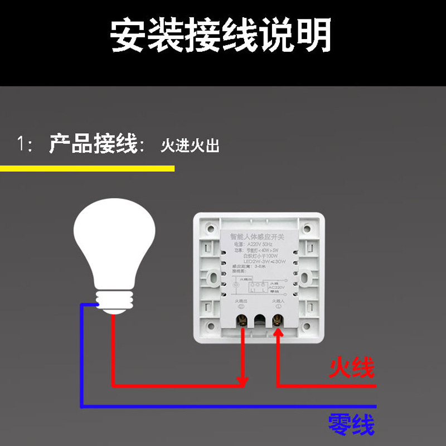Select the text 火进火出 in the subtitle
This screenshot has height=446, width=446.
[x=190, y=146]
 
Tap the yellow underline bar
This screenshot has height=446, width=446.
[x=87, y=168]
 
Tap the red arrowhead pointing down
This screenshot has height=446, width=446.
[x=243, y=381]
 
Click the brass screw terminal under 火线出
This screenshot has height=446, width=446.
[x=243, y=319]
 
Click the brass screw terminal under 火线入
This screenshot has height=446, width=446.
[x=277, y=319]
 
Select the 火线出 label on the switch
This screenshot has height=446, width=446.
[x=240, y=302]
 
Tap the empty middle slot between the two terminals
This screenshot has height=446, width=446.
[x=260, y=321]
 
